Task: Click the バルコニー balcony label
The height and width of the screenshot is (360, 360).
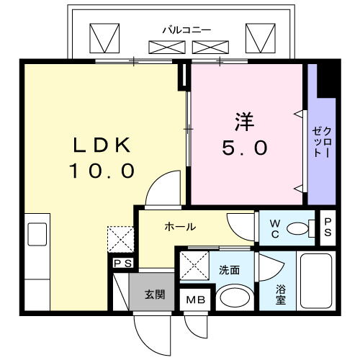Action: (186, 30)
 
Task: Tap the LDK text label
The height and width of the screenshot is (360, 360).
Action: (102, 145)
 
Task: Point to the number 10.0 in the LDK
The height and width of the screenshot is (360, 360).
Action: (102, 171)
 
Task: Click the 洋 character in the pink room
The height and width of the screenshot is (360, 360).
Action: (245, 122)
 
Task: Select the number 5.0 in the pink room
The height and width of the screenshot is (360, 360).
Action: (245, 148)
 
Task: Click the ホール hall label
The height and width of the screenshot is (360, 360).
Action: (180, 227)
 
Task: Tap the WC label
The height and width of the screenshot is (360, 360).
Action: (275, 229)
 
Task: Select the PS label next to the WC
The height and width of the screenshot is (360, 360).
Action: (328, 228)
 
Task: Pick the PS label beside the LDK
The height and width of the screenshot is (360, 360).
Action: (122, 264)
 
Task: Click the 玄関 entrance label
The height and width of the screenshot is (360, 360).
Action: (155, 294)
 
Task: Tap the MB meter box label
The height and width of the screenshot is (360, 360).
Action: (196, 300)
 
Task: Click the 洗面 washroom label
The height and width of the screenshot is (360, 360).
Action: (229, 270)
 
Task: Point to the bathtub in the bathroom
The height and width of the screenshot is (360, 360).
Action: (316, 281)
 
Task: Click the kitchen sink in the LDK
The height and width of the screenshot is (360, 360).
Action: (37, 234)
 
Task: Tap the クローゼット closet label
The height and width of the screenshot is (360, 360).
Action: (323, 143)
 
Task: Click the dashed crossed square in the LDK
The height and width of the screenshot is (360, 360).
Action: (120, 239)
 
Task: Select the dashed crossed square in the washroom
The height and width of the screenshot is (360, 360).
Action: (194, 266)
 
